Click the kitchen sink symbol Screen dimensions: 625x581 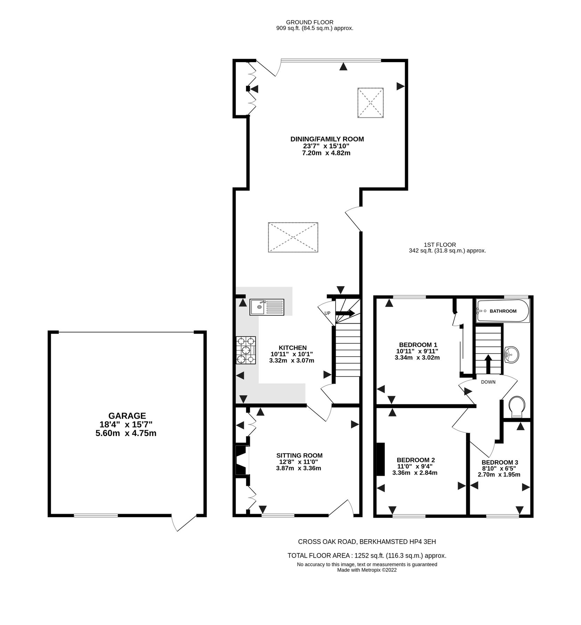point(267,307)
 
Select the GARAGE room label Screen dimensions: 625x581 point(127,416)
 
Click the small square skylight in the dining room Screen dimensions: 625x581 point(370,103)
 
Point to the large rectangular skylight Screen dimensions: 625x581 point(293,237)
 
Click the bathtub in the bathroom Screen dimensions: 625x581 point(502,311)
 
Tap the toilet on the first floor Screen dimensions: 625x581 point(517,407)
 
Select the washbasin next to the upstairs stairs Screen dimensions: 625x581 point(511,355)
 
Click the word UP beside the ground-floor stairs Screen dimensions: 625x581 point(327,313)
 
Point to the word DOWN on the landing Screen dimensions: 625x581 point(488,382)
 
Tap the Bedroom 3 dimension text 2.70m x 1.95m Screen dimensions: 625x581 point(499,475)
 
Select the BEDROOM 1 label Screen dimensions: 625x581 point(418,345)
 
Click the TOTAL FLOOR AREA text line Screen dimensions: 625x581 point(367,556)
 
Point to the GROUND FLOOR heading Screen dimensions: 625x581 point(309,22)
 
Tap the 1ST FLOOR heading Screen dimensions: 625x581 point(440,245)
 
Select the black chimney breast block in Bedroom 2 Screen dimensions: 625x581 point(380,459)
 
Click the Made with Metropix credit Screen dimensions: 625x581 point(367,570)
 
